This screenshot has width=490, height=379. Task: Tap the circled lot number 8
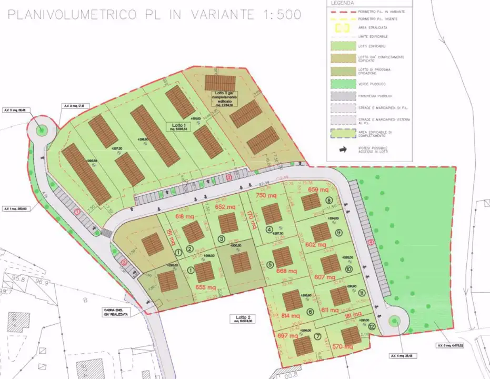coord(328,201)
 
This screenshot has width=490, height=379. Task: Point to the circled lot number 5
coord(271,265)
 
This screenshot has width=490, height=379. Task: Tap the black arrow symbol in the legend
coord(343,149)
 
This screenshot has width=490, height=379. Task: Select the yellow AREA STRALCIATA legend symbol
coord(343,27)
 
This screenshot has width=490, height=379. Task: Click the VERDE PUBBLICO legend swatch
coord(343,84)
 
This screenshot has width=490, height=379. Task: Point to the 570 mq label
coord(342,346)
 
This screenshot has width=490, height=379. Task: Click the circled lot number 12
coord(372,326)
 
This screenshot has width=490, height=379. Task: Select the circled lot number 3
coord(222,239)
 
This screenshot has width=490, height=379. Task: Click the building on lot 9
coord(320,232)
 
